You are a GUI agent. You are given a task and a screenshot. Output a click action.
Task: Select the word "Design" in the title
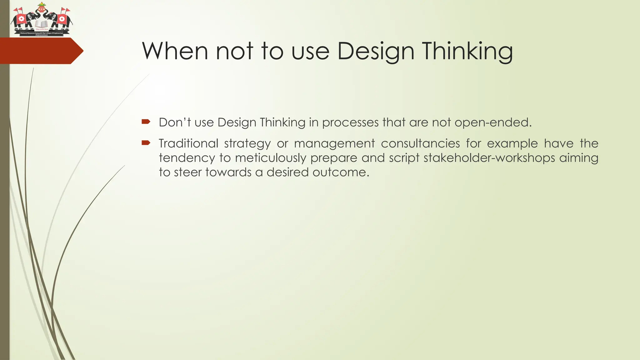376,52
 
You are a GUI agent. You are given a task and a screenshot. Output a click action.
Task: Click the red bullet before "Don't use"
146,122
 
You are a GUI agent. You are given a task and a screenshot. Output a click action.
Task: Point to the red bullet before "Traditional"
146,143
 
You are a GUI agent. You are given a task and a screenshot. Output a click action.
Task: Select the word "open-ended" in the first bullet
492,122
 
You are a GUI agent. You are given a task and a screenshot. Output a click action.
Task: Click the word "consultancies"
420,143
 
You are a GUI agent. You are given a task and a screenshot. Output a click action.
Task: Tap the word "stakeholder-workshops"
489,158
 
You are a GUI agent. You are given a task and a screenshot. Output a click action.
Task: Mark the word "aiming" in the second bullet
579,158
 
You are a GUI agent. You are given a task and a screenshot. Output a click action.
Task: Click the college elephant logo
42,20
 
